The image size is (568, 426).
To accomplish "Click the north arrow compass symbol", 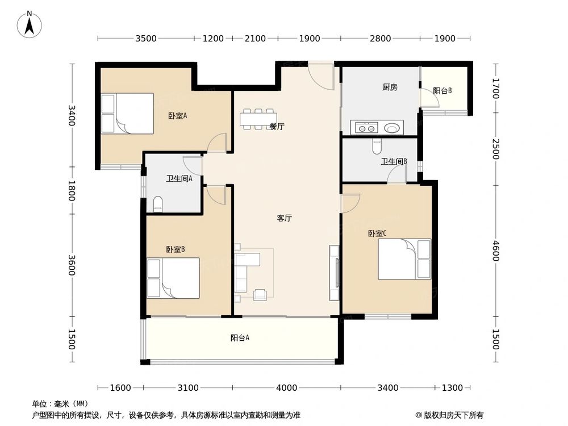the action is pos(30,24).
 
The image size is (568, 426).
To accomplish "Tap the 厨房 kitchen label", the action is pos(390,87).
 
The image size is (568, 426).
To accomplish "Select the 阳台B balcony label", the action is pos(442,90).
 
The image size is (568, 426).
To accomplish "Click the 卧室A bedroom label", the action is pos(177,115).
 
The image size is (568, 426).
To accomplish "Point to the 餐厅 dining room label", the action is pos(277,127).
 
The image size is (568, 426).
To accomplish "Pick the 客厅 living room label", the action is pos(285,218).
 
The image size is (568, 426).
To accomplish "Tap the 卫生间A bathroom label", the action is pos(179,178).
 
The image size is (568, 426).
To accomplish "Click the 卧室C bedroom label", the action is pos(377,233).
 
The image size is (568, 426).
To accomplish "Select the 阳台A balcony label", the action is pos(240,337).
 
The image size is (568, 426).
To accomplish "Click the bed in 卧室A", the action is pos(127,114).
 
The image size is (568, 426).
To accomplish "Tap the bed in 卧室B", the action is pos(173,278).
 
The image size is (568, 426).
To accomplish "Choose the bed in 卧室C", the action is pos(404,259).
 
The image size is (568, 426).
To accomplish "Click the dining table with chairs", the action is pos(258,119).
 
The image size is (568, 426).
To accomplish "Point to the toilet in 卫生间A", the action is pos(158,204).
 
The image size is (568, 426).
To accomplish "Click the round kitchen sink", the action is pos(391,128).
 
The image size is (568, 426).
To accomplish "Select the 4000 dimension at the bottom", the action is pos(286,388).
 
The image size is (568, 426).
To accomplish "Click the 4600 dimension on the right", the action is pos(496,250).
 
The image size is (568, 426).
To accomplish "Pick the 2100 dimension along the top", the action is pos(255,39).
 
